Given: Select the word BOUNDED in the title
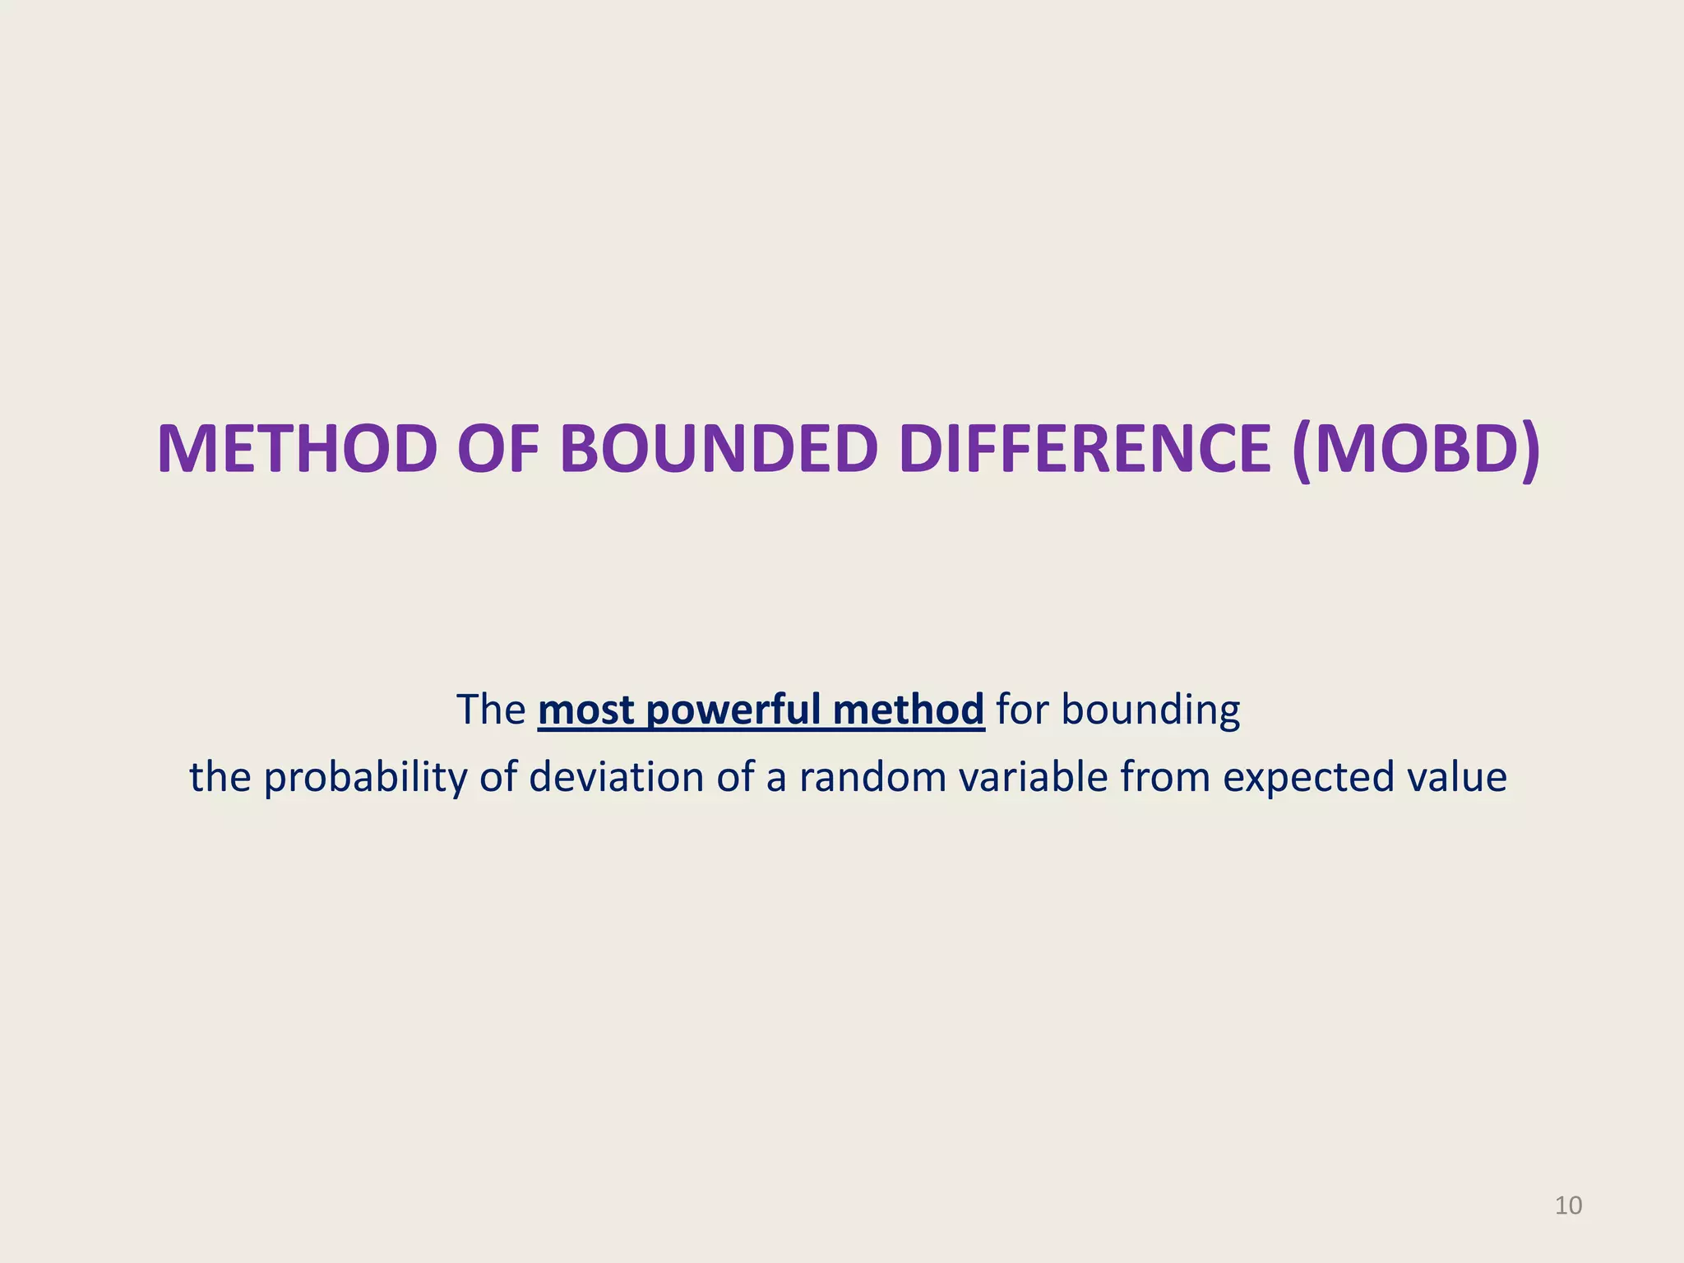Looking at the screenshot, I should pyautogui.click(x=719, y=450).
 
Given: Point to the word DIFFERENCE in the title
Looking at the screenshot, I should pyautogui.click(x=1085, y=450).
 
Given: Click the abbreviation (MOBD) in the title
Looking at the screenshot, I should pyautogui.click(x=1415, y=450).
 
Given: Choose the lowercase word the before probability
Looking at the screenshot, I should pyautogui.click(x=220, y=777).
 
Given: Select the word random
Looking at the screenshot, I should pyautogui.click(x=872, y=777).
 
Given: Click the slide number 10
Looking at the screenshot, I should pyautogui.click(x=1568, y=1205).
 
